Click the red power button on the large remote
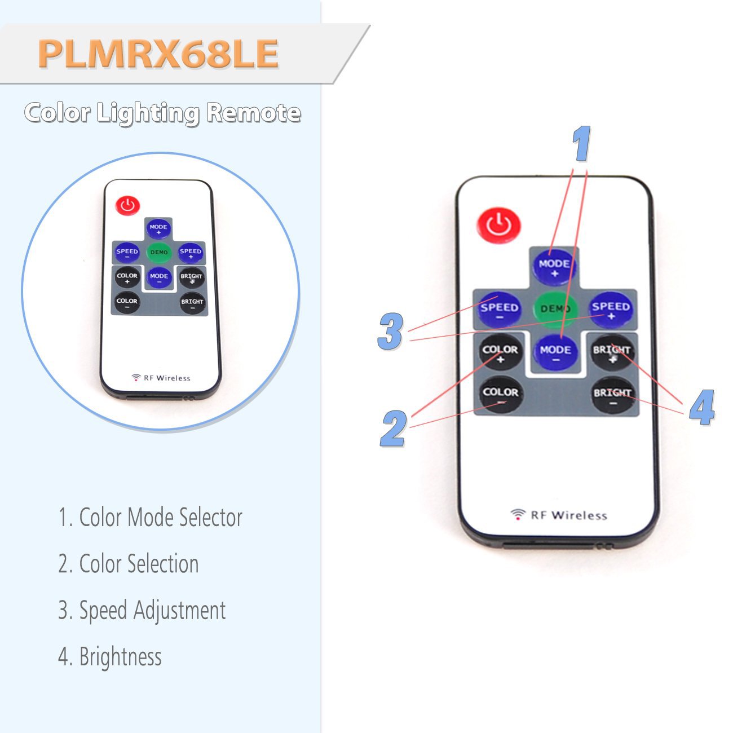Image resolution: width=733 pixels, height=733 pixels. click(499, 226)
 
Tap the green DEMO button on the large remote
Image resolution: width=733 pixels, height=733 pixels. click(555, 308)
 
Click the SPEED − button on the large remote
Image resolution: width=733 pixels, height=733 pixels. click(499, 309)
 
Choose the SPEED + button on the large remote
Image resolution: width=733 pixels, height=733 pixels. click(611, 309)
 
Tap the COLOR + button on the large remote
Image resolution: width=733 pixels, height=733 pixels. click(500, 352)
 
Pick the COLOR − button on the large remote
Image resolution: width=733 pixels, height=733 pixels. click(500, 394)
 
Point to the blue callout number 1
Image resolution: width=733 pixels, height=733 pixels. click(581, 144)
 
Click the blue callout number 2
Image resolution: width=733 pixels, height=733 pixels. click(394, 429)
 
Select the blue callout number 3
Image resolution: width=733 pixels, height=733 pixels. click(391, 331)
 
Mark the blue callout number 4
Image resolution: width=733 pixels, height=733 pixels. click(702, 407)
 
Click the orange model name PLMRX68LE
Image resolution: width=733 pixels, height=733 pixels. click(158, 54)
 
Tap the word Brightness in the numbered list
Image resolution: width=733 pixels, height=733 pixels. click(120, 657)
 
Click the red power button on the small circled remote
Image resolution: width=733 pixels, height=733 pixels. click(128, 205)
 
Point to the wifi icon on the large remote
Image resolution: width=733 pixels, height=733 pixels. click(518, 514)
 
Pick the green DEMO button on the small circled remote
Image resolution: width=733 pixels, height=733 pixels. click(159, 252)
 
